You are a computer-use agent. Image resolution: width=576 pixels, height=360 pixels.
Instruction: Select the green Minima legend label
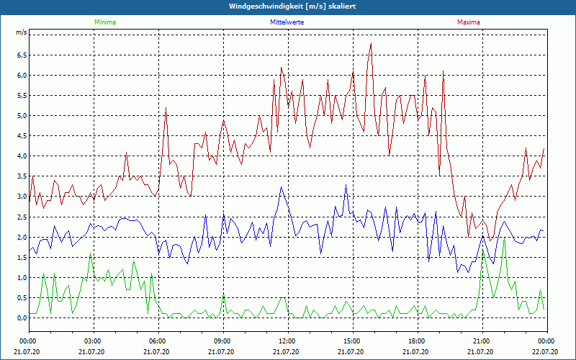[x=104, y=22]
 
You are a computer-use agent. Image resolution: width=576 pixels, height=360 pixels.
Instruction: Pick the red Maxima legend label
[x=469, y=22]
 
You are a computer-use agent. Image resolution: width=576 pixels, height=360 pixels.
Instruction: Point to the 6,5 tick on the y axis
[x=21, y=55]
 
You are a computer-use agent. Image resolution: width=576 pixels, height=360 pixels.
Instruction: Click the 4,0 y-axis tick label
[x=21, y=156]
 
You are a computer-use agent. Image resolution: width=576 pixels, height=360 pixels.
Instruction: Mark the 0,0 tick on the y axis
[x=21, y=318]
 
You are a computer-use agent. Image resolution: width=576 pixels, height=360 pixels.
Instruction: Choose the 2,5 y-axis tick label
[x=21, y=217]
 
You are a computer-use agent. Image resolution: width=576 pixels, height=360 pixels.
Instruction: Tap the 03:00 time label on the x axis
[x=93, y=341]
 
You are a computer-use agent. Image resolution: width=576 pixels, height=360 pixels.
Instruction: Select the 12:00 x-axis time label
[x=287, y=341]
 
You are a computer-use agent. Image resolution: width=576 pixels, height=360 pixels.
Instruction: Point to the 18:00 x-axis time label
[x=417, y=341]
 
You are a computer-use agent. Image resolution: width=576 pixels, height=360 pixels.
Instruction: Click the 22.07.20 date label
[x=546, y=352]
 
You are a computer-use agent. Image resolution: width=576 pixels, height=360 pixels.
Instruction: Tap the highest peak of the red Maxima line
[x=371, y=43]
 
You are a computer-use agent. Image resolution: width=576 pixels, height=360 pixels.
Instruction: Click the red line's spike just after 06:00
[x=166, y=108]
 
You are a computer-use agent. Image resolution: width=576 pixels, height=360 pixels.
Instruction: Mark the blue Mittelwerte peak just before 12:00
[x=281, y=187]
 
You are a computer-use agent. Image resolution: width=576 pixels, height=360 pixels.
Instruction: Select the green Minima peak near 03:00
[x=91, y=253]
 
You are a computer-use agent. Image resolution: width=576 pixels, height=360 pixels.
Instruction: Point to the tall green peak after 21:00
[x=505, y=237]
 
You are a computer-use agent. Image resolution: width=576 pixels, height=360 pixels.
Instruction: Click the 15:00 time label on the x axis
[x=352, y=341]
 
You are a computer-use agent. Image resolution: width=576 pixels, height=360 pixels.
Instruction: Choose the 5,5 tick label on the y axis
[x=21, y=95]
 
